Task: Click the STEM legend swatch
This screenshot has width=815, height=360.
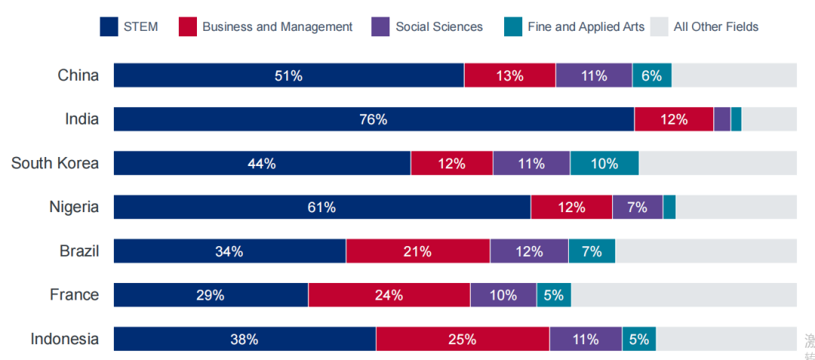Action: pyautogui.click(x=109, y=26)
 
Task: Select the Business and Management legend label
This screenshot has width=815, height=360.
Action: pyautogui.click(x=277, y=26)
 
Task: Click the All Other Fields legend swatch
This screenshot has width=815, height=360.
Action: pyautogui.click(x=659, y=26)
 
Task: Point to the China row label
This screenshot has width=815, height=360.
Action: pyautogui.click(x=78, y=75)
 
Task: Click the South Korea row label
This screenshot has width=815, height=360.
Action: pyautogui.click(x=55, y=163)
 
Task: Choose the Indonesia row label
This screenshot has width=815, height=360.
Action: pyautogui.click(x=65, y=339)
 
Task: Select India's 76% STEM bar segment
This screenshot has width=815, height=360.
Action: pyautogui.click(x=374, y=119)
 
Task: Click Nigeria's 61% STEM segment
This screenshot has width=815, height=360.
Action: pyautogui.click(x=322, y=207)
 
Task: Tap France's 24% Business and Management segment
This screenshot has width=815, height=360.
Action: pyautogui.click(x=389, y=295)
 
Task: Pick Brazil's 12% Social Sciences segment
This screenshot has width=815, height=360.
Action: pyautogui.click(x=529, y=251)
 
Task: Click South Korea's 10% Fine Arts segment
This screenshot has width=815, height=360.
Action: pyautogui.click(x=604, y=163)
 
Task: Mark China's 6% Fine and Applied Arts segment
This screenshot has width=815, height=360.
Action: pyautogui.click(x=652, y=75)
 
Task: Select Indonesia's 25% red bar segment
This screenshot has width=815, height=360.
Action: pyautogui.click(x=463, y=339)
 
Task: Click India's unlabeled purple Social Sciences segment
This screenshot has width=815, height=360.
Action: pyautogui.click(x=722, y=119)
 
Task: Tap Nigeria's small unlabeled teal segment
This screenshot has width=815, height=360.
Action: pyautogui.click(x=669, y=207)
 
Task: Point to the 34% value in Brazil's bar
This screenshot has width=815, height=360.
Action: pyautogui.click(x=229, y=251)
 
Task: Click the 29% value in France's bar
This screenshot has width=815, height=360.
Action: pyautogui.click(x=210, y=295)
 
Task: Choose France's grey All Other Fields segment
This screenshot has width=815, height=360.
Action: pyautogui.click(x=684, y=295)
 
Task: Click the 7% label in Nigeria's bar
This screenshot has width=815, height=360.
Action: pyautogui.click(x=637, y=207)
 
